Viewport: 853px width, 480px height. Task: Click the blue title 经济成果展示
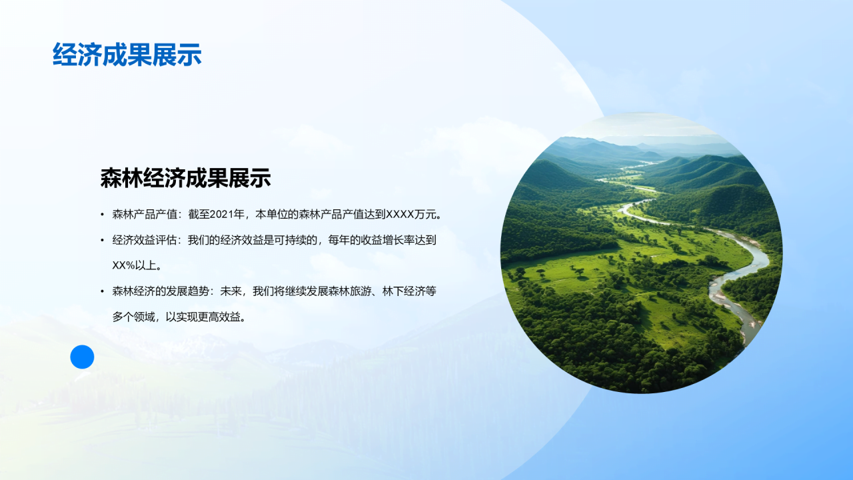127,55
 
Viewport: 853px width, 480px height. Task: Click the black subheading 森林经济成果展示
185,178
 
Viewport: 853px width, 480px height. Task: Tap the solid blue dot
82,357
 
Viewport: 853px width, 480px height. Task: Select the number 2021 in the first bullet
221,215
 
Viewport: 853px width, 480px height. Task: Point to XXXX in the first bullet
401,215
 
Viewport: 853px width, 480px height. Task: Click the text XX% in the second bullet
124,265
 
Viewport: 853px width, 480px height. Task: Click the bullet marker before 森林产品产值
102,215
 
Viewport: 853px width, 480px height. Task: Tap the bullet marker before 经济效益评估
102,241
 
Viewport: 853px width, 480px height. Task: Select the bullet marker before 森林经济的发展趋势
102,291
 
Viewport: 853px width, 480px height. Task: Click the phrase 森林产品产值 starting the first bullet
145,215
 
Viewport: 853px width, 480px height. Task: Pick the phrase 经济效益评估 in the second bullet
145,240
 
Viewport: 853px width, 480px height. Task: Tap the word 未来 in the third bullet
231,291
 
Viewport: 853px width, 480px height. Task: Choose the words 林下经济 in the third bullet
404,291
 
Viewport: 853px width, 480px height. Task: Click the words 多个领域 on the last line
134,317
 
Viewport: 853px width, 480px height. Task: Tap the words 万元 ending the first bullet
425,215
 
